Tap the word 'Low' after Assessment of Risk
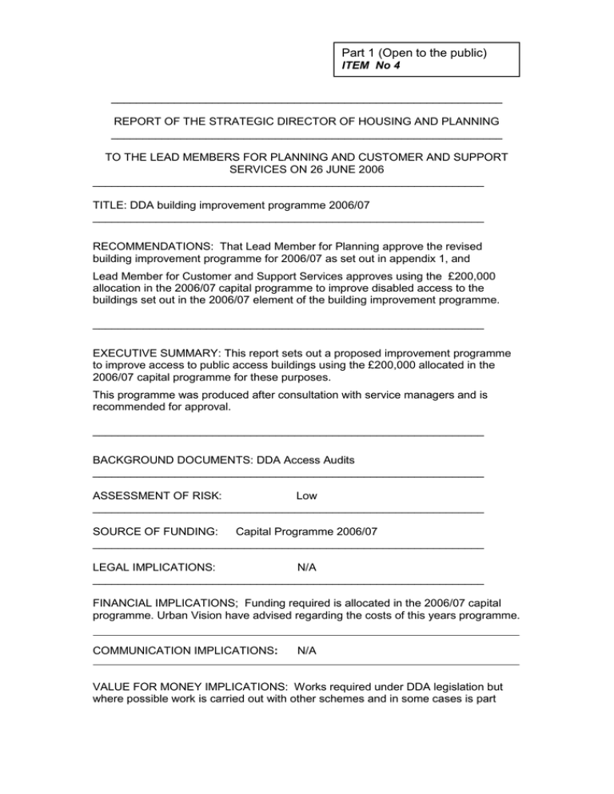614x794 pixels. tap(306, 496)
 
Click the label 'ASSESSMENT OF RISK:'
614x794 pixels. tap(157, 496)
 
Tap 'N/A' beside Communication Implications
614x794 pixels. tap(306, 651)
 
